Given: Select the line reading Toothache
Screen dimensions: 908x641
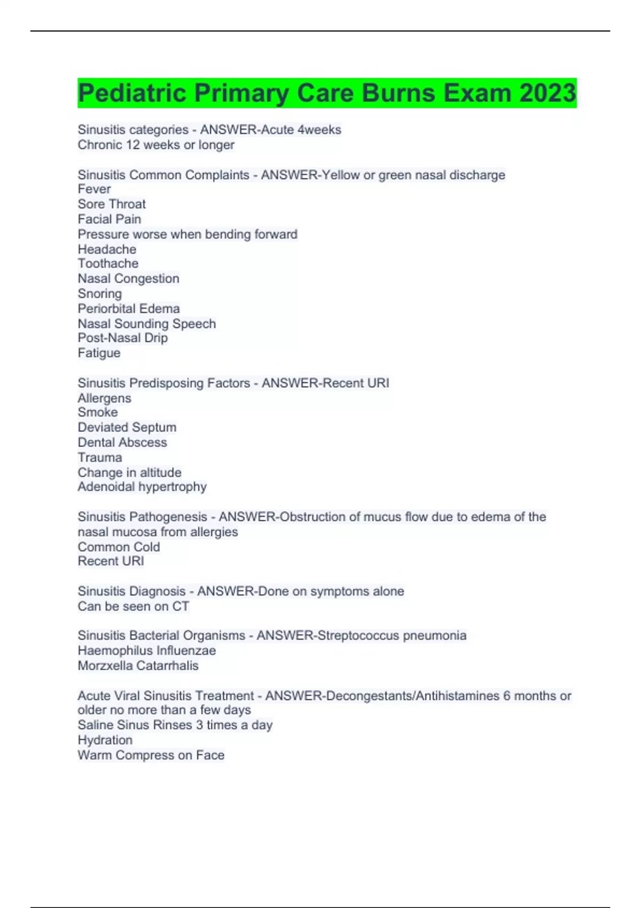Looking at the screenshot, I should pos(108,263).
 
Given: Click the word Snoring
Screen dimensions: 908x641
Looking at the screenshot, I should pos(100,294).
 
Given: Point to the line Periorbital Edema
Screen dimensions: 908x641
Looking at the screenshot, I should pos(129,309).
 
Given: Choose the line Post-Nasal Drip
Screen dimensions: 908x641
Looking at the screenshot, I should pos(123,338).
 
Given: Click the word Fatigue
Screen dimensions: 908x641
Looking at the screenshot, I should pos(99,353).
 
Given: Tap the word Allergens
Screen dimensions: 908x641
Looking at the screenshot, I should pos(104,398).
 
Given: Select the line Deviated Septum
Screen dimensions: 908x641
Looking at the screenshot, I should pos(127,427).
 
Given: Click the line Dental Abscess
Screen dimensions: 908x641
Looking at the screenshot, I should pos(122,442).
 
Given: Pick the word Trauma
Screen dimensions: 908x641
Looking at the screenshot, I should pos(100,457).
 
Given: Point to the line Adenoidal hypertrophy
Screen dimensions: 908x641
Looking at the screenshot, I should pos(142,487).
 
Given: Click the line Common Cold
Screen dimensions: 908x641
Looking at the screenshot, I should pos(119,547).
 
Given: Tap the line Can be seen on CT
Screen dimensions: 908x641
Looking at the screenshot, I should pos(134,606).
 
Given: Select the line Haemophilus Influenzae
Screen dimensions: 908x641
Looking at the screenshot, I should pos(147,651).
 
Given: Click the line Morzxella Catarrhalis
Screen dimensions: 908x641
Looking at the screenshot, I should pos(138,666).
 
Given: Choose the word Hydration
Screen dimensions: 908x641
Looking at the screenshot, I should pos(105,740).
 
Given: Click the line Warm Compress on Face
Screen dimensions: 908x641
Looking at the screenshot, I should pos(151,755).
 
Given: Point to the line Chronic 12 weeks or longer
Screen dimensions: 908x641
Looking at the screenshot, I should pos(156,145).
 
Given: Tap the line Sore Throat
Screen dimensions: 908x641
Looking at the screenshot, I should pos(112,204).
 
